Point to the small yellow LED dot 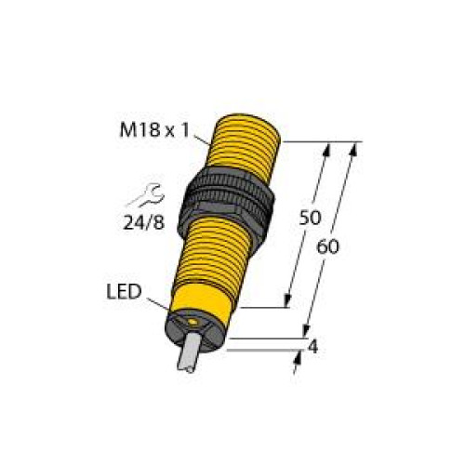point(192,322)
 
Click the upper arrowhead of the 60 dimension point(354,148)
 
